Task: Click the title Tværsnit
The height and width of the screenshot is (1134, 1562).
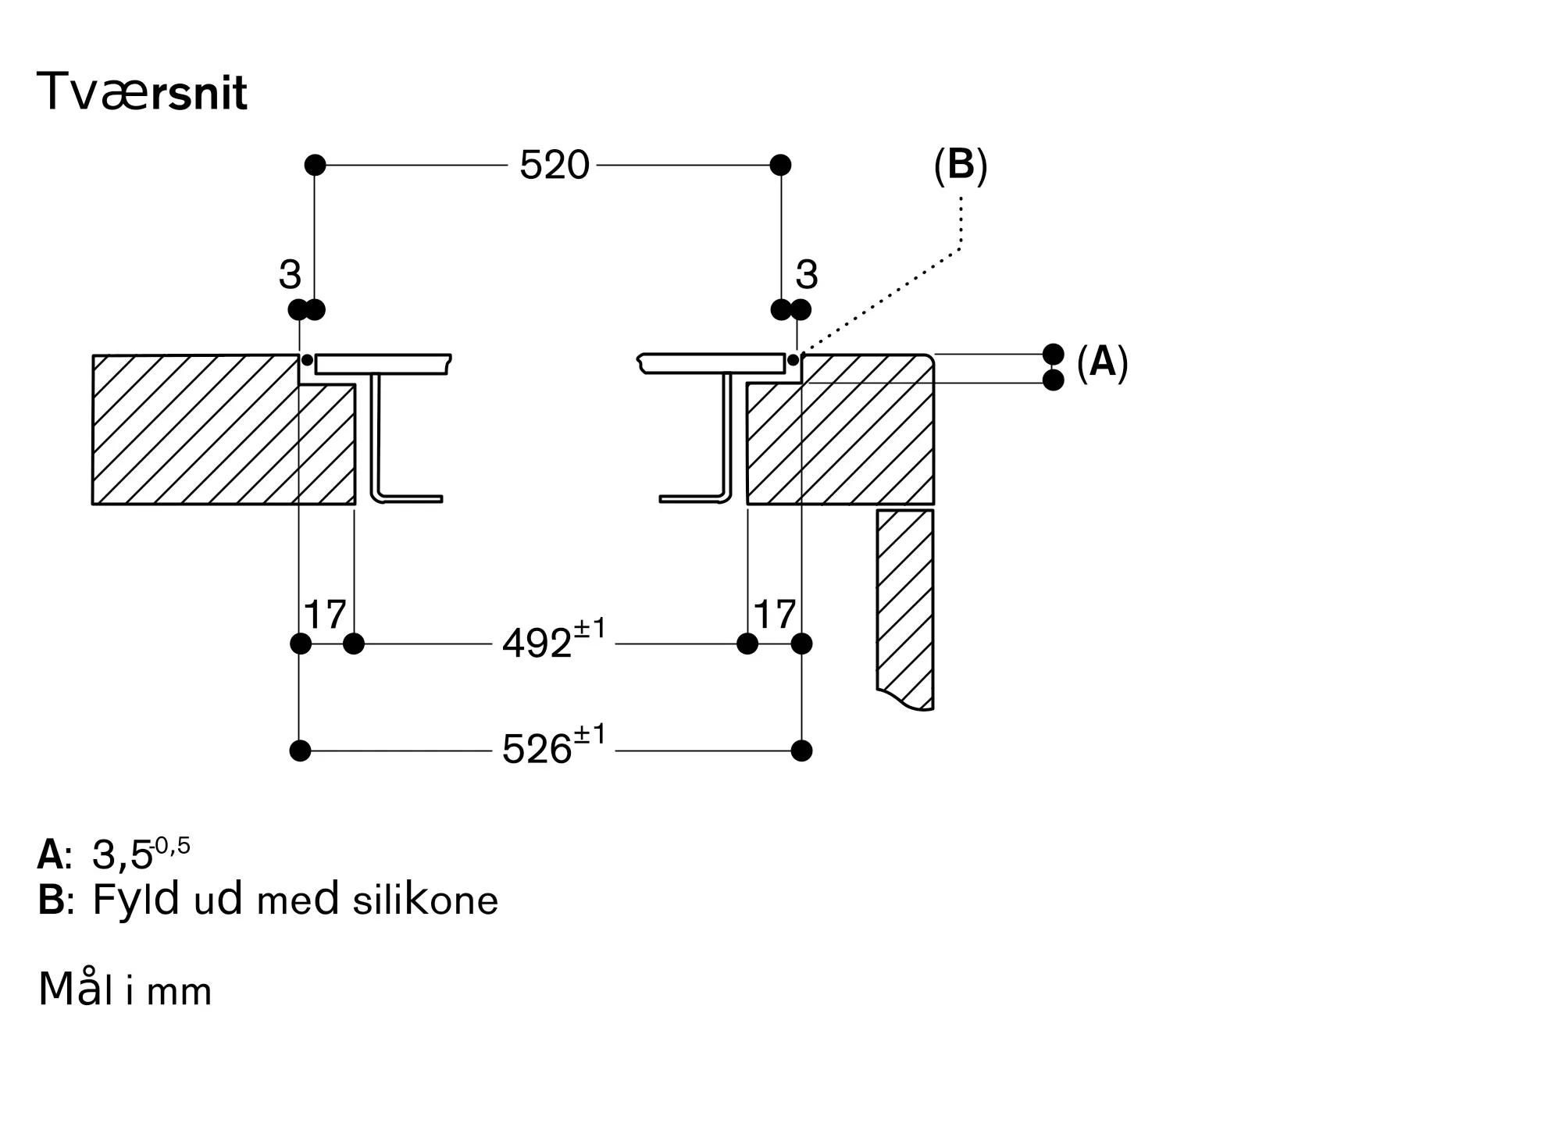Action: pos(141,93)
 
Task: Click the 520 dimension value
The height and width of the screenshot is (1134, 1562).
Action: pos(554,166)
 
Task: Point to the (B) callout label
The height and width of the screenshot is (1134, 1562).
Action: pos(961,166)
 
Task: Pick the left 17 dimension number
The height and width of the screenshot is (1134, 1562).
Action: pos(324,615)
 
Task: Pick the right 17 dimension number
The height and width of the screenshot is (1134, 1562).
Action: pos(774,615)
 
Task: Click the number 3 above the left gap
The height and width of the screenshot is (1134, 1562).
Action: pos(290,275)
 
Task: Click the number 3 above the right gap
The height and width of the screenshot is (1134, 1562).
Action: pos(807,275)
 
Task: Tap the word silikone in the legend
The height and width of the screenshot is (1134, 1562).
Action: pos(425,900)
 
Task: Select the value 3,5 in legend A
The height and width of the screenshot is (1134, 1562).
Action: pos(122,856)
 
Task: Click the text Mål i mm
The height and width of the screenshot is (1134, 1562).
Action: pos(125,990)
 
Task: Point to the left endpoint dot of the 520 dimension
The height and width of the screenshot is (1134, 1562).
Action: pos(315,165)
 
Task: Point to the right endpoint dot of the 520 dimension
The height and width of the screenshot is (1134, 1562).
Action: pos(780,165)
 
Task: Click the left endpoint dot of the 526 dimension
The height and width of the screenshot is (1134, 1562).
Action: pos(300,751)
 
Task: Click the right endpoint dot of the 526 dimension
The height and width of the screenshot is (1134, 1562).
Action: pos(801,751)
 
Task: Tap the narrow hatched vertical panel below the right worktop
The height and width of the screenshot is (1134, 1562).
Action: pos(905,609)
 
